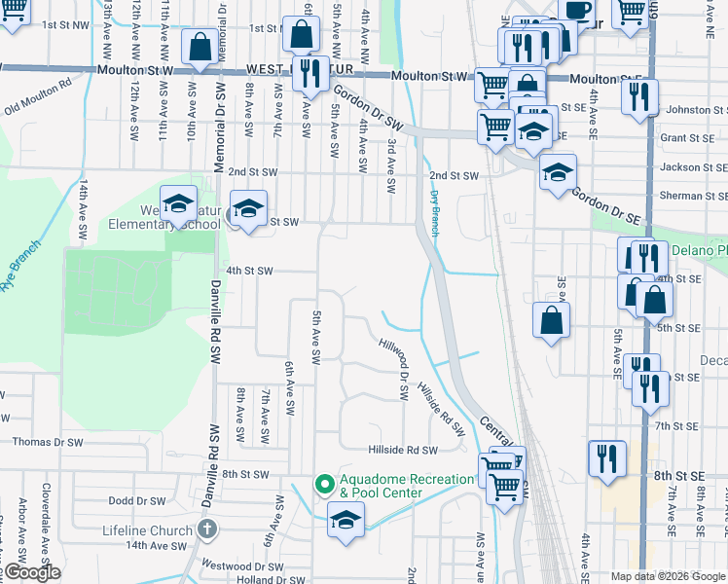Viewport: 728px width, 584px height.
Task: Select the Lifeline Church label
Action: tap(148, 530)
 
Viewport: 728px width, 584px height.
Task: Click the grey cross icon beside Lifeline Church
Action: tap(205, 529)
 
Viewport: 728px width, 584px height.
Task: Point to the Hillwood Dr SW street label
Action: tap(400, 368)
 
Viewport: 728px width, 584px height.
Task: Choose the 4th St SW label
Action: tap(249, 271)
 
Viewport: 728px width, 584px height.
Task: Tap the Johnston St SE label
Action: tap(693, 111)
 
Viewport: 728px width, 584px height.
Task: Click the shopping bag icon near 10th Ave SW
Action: tap(200, 47)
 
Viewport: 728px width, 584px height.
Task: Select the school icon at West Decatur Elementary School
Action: tap(179, 203)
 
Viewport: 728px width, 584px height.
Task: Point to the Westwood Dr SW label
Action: tap(242, 565)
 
